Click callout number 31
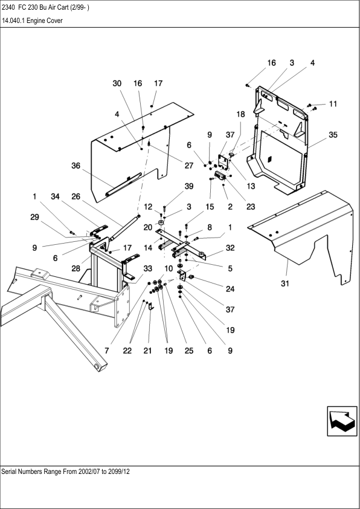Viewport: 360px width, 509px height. pos(284,284)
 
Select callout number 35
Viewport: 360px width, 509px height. pos(333,135)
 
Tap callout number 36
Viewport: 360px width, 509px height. pos(76,166)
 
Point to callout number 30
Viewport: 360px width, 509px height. pos(117,83)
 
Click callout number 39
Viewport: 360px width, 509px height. pos(188,186)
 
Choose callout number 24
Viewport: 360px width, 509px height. pos(230,289)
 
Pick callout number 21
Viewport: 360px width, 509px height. pos(147,351)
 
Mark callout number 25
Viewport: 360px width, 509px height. pos(188,351)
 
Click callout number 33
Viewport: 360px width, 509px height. pos(147,268)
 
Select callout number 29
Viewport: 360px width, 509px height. pos(34,217)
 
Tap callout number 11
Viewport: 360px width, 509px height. pos(333,104)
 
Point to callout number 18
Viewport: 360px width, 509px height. pos(240,114)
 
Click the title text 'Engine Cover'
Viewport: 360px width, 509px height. pos(45,21)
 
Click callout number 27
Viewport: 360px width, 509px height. pos(188,166)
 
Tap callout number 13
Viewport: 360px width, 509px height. pos(251,186)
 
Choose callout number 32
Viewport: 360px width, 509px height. pos(230,248)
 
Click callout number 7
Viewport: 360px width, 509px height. pos(106,351)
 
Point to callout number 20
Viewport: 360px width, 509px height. pos(147,227)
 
